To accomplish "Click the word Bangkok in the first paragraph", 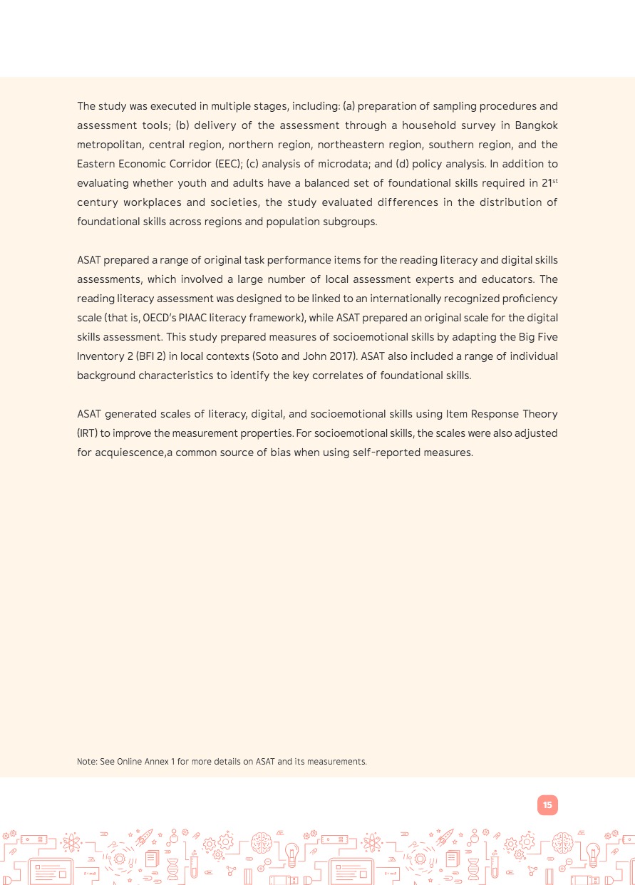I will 536,125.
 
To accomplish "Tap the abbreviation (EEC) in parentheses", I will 228,164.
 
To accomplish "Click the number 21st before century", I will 549,183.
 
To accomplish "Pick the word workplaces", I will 153,202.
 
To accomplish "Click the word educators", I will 506,279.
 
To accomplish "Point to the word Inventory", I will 99,356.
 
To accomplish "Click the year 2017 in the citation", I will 341,356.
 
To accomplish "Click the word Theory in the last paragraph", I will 541,414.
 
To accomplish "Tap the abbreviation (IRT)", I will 88,433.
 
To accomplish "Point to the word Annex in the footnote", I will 157,762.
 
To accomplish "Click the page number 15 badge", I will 547,805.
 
